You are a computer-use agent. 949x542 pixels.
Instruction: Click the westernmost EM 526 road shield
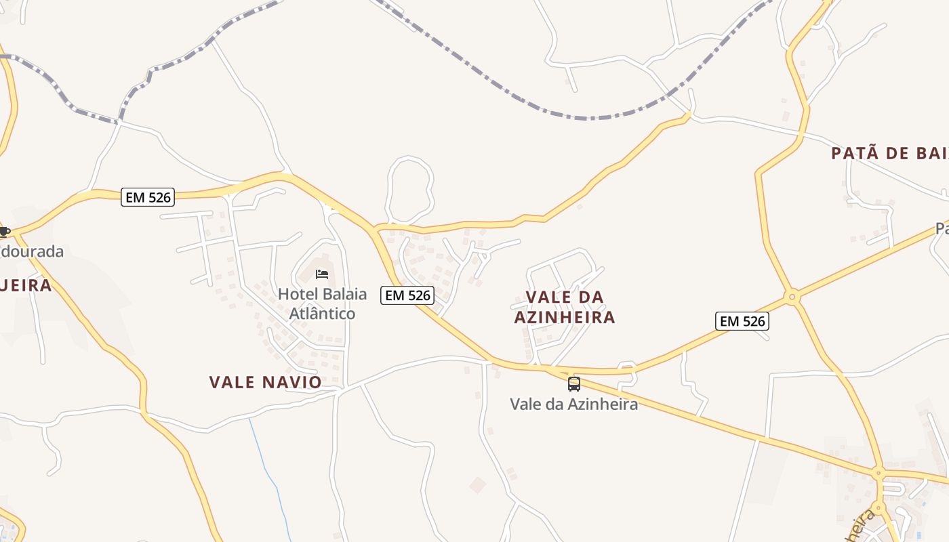coord(148,197)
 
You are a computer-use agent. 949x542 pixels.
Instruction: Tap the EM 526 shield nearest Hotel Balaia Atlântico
coord(407,295)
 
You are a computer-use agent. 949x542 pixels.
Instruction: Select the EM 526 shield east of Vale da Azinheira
coord(742,321)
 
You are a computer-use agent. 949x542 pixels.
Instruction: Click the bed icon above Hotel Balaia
coord(322,274)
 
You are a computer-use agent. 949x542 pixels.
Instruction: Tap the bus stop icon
coord(574,384)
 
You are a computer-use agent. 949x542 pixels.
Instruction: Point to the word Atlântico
coord(322,314)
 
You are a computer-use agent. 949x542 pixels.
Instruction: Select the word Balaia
coord(345,295)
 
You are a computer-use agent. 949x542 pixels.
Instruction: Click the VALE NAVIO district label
coord(266,382)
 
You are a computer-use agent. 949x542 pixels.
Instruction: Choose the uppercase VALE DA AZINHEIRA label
coord(565,307)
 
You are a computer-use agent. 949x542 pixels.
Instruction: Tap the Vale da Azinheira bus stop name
coord(573,404)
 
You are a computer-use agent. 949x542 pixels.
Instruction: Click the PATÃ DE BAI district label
coord(889,153)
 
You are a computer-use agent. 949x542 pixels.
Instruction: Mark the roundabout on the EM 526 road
coord(792,297)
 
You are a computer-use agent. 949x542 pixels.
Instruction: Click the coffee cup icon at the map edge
coord(4,232)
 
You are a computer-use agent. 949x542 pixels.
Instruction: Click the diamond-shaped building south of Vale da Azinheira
coord(478,484)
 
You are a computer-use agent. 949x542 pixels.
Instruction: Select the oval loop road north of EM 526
coord(409,190)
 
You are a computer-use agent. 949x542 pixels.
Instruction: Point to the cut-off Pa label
coord(942,229)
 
